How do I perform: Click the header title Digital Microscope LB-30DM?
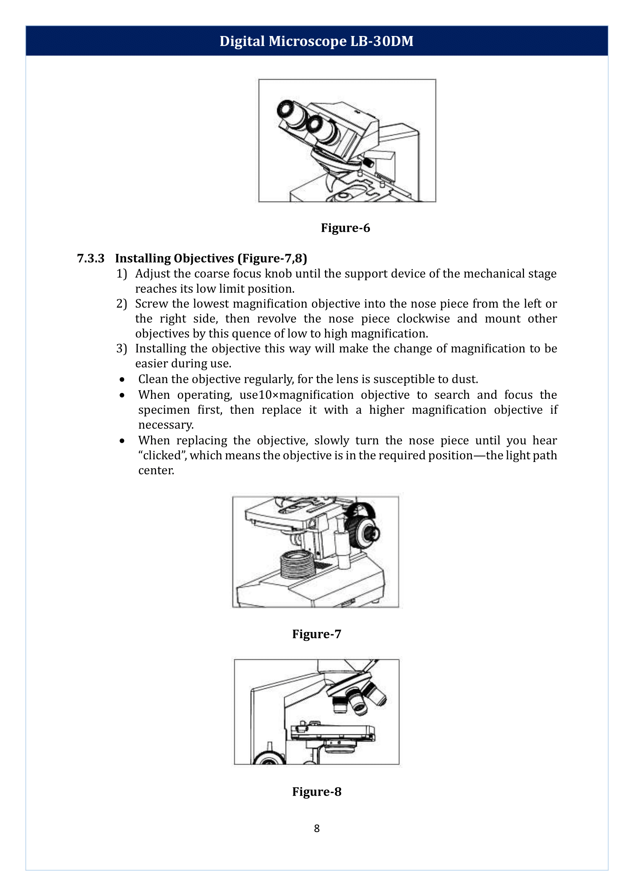[316, 41]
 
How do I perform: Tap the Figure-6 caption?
[345, 228]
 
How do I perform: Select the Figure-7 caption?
[316, 634]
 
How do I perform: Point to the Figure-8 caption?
[316, 791]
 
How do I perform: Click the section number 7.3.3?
[90, 258]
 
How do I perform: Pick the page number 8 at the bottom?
[317, 828]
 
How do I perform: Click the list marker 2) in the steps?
[122, 304]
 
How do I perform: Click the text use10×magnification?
[296, 395]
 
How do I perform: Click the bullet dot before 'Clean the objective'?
[122, 380]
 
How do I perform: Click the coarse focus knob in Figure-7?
[365, 531]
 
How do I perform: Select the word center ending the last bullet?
[156, 470]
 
